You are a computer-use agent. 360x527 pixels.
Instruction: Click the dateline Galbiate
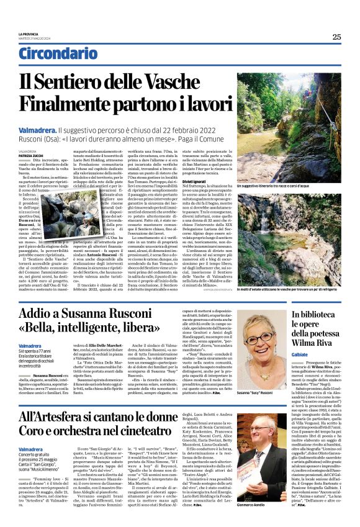pos(303,364)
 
